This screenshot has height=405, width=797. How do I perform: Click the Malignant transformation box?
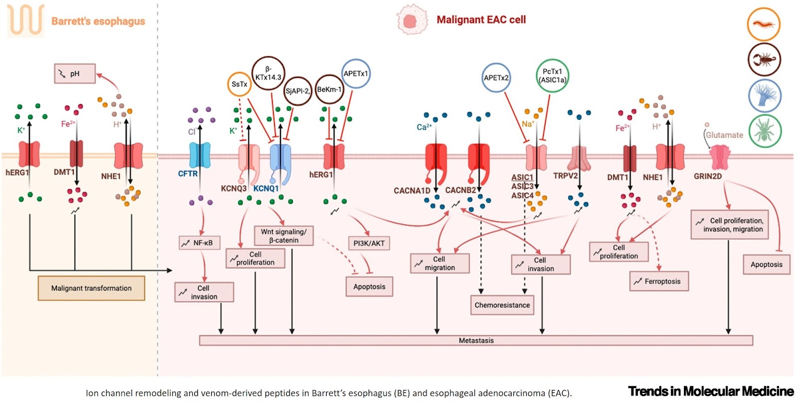[91, 288]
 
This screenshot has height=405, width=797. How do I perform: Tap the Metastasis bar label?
[476, 341]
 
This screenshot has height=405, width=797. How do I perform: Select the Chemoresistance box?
[502, 305]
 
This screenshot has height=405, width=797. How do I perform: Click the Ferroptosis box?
[659, 281]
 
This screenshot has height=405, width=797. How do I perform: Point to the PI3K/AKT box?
[369, 244]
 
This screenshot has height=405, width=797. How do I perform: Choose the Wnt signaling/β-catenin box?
[283, 236]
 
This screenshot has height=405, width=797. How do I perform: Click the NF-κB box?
[199, 243]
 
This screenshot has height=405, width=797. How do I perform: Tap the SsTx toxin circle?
[239, 84]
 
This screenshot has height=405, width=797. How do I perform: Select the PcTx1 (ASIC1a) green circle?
[552, 76]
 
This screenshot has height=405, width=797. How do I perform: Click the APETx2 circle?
[496, 78]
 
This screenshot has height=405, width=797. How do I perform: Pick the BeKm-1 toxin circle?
[329, 90]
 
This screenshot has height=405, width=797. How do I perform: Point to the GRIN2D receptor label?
[707, 176]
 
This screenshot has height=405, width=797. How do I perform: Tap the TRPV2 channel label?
[565, 176]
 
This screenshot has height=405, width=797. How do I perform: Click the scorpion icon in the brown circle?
[764, 60]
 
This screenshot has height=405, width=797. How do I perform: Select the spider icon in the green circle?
[764, 131]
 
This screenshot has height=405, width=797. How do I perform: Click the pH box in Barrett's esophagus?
[75, 74]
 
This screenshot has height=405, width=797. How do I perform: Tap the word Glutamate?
[724, 135]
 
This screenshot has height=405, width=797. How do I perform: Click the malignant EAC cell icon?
[411, 20]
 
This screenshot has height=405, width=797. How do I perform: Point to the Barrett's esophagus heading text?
[98, 21]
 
